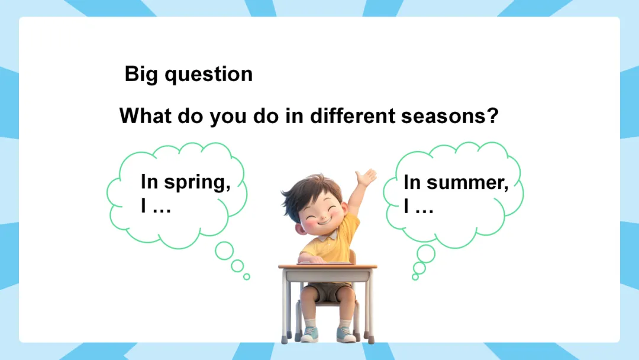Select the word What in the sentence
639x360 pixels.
pos(146,116)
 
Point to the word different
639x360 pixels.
pos(353,116)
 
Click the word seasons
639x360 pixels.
pos(444,116)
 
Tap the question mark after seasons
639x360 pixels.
pos(493,115)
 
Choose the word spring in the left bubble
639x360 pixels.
pos(197,182)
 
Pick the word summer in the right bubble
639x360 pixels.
pos(467,183)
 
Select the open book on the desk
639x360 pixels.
pos(324,263)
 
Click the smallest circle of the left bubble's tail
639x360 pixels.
pos(247,277)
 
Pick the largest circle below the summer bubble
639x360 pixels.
pos(426,253)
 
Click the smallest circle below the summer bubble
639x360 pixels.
pos(415,277)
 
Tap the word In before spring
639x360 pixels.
pos(149,182)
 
